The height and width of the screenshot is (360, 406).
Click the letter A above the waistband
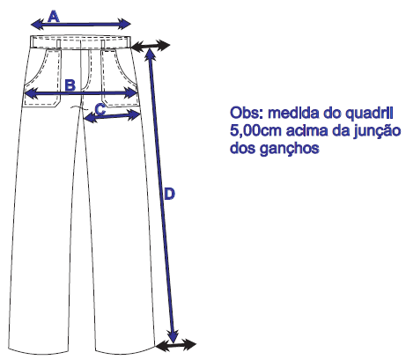pos(54,17)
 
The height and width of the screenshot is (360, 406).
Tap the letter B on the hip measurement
pos(70,85)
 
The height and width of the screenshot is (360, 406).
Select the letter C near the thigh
pos(100,109)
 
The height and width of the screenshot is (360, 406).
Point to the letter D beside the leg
pos(169,194)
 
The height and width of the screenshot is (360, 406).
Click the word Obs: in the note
pos(247,113)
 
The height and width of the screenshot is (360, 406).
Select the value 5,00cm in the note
pos(255,130)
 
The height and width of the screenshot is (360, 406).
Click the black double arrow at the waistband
pos(151,46)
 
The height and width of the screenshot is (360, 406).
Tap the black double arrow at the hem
pos(176,345)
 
